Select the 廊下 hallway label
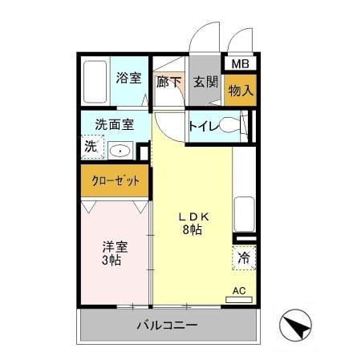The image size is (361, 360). (x=168, y=82)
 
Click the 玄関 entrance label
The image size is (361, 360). (x=205, y=82)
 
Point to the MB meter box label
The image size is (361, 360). (x=240, y=64)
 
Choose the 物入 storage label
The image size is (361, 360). (x=240, y=91)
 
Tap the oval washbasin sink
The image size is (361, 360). (x=120, y=149)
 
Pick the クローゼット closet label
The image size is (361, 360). (x=114, y=181)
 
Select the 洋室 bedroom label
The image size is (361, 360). (x=113, y=247)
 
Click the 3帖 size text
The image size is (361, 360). (x=112, y=261)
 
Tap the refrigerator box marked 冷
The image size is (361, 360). (x=242, y=258)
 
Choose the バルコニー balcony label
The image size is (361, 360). (x=166, y=326)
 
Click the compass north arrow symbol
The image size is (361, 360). (x=294, y=326)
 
